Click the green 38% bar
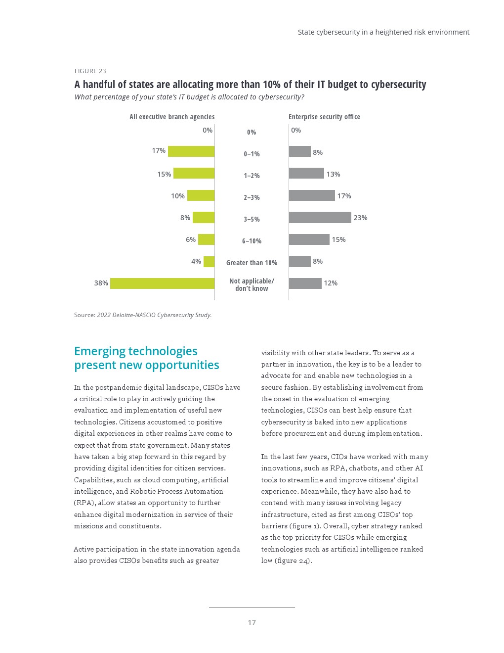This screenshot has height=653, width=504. pos(162,283)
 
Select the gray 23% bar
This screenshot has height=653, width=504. pos(320,218)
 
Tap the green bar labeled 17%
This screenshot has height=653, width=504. pos(191,151)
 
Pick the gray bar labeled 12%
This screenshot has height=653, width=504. pos(305,283)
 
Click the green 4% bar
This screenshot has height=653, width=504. pos(209,262)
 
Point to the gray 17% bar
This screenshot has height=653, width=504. pos(312,196)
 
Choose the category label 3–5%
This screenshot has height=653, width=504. pos(252,219)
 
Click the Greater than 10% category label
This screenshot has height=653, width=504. pos(252,263)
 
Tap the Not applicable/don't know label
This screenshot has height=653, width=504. pos(252,284)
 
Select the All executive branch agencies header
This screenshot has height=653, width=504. pos(172,117)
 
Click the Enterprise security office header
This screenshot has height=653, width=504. pos(324,117)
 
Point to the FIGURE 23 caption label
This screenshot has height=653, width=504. pos(90,71)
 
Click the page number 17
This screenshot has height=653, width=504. pos(252,622)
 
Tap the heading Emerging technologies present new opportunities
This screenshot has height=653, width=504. pos(146,358)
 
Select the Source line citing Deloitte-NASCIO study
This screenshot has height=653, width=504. pos(143,315)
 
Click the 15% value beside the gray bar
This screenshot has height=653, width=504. pos(338,239)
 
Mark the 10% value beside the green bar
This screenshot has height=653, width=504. pos(178,196)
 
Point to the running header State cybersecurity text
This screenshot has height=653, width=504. pos(383,32)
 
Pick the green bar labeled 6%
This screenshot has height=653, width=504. pos(206,240)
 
